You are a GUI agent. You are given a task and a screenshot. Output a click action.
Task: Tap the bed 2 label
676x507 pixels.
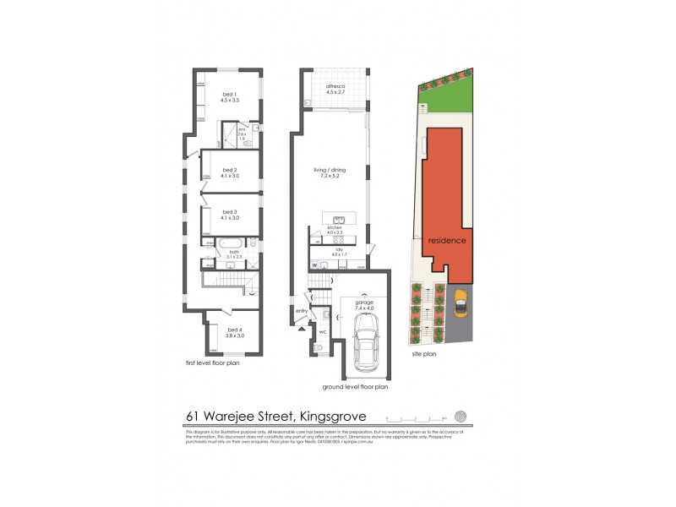tap(230, 172)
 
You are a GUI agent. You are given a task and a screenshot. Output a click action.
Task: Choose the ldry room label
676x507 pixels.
tap(338, 250)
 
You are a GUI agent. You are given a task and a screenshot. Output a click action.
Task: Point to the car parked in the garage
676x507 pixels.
tap(366, 349)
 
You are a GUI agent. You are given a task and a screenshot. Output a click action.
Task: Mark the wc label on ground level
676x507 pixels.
tap(322, 331)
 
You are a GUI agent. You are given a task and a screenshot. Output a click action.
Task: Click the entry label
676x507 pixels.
tap(302, 311)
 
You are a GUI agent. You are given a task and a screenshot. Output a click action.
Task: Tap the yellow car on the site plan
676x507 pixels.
tap(461, 303)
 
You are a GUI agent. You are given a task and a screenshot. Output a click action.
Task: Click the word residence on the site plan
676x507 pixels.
tap(446, 240)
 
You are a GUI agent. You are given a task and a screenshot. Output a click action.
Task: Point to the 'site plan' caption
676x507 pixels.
tap(423, 355)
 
